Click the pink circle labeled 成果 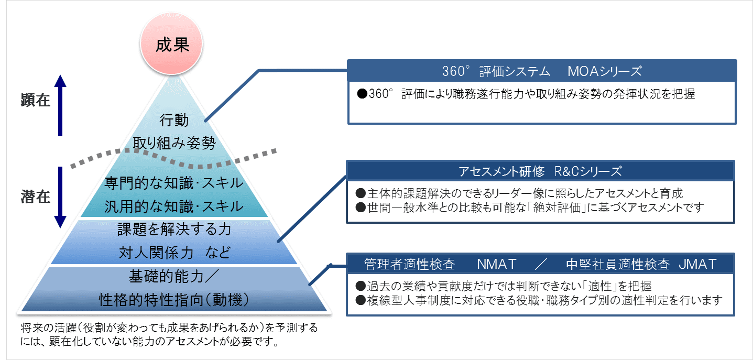(171, 43)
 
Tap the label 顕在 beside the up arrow (36, 100)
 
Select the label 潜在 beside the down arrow (36, 197)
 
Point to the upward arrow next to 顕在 (60, 105)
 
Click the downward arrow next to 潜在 (60, 198)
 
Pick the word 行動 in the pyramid (174, 120)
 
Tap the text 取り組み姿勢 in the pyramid (174, 143)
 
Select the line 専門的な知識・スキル (174, 183)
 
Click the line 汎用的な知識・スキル (174, 206)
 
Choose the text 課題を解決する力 (174, 229)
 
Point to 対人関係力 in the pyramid (156, 253)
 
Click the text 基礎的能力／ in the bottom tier (174, 276)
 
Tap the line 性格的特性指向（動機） (174, 300)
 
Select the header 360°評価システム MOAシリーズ (542, 71)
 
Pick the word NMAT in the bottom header (497, 264)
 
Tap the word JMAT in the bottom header (697, 264)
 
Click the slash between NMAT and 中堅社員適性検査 (541, 264)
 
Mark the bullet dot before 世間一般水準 (361, 208)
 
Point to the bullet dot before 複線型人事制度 (361, 300)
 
